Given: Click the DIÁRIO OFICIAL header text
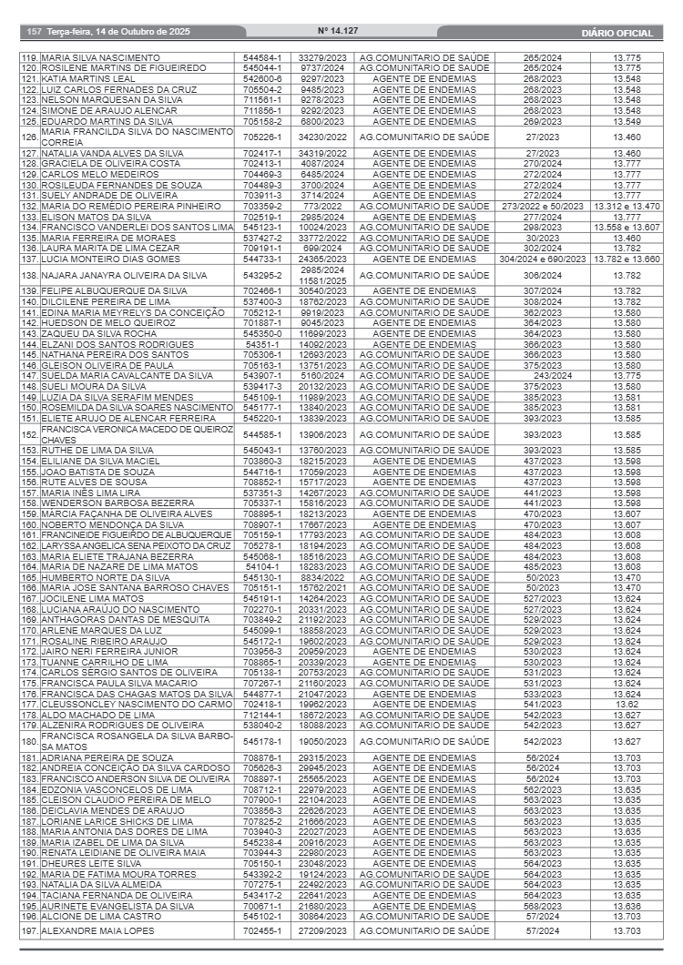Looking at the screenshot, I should pyautogui.click(x=617, y=33).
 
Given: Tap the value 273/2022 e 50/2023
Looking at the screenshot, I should pyautogui.click(x=542, y=206).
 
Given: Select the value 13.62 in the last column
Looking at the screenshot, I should pyautogui.click(x=627, y=704).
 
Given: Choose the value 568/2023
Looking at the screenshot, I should pyautogui.click(x=542, y=906).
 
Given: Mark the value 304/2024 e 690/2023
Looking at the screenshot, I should pyautogui.click(x=542, y=259).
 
